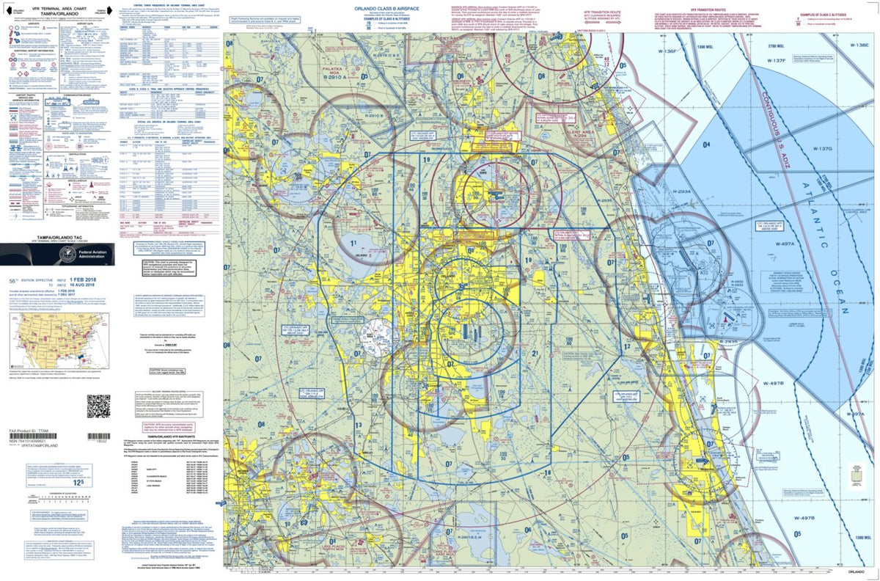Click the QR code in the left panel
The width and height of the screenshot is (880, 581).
(98, 406)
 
